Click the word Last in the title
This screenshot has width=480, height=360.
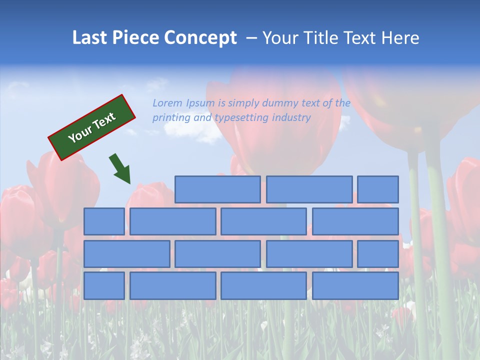[x=89, y=37]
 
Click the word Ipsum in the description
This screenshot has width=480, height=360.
[x=200, y=103]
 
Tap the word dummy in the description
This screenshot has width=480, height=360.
[x=280, y=103]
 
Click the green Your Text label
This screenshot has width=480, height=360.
[x=92, y=127]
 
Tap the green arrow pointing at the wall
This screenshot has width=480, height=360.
[x=120, y=169]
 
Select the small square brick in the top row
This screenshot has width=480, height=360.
[x=378, y=189]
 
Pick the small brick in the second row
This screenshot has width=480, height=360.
[x=104, y=221]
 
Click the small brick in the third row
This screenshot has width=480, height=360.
[x=378, y=254]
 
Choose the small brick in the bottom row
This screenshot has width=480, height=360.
[x=104, y=286]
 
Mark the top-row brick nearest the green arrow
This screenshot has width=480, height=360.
[x=217, y=189]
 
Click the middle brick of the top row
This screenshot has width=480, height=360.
[x=309, y=189]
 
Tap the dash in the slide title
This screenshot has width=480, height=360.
[x=252, y=37]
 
